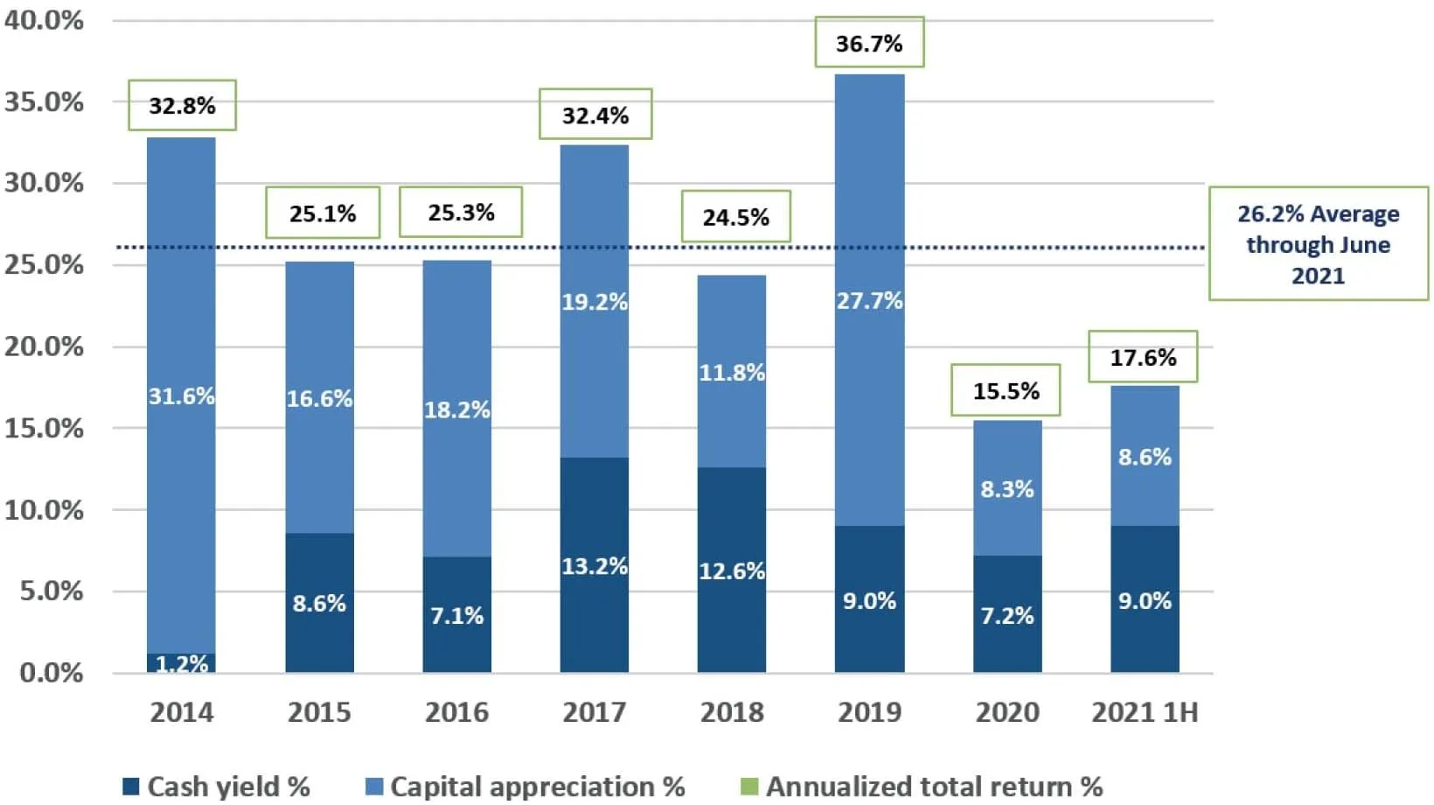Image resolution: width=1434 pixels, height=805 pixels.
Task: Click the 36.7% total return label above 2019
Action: point(869,43)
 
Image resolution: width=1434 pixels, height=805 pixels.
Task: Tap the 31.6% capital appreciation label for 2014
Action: point(181,396)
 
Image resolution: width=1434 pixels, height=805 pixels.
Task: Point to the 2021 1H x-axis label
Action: point(1145,712)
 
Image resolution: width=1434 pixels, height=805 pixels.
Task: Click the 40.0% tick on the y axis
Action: point(44,20)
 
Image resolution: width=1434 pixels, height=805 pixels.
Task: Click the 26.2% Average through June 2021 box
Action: point(1318,244)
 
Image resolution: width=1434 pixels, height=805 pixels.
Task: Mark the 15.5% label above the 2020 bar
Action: point(1006,390)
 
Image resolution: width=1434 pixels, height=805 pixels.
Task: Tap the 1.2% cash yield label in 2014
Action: point(181,664)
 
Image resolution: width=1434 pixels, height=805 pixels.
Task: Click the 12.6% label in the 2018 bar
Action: point(732,571)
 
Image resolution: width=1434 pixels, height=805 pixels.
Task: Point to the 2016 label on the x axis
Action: point(456,712)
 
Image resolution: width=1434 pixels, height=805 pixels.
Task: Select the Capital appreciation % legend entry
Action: point(525,787)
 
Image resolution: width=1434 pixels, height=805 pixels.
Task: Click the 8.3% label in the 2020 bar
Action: point(1006,489)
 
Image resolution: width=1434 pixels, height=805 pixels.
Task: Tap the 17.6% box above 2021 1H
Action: point(1143,357)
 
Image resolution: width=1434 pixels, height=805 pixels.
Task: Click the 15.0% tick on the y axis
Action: point(44,429)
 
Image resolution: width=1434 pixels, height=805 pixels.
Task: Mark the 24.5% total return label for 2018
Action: point(735,217)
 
